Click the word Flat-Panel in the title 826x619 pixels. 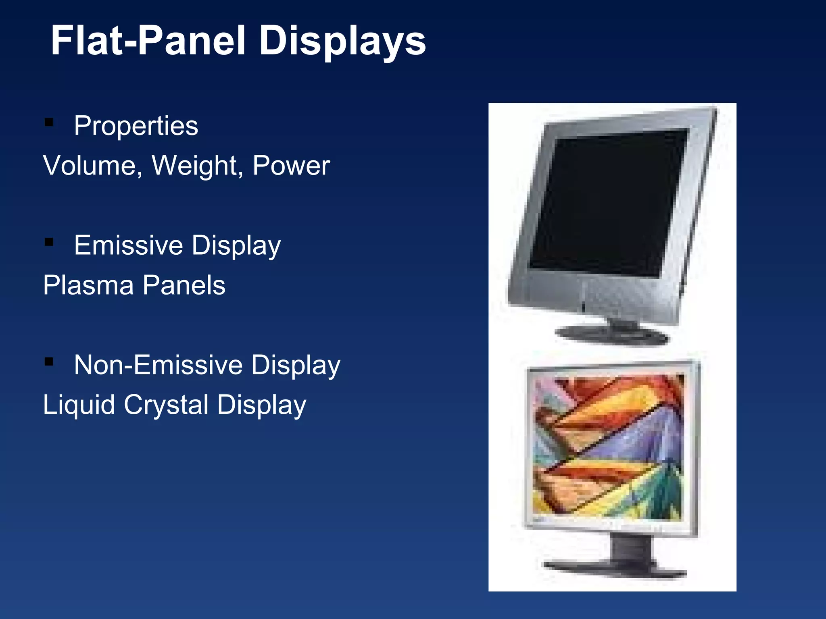(148, 41)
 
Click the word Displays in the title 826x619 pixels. (342, 41)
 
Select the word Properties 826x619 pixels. (136, 126)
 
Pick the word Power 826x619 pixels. (291, 166)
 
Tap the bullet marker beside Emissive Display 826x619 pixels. (49, 242)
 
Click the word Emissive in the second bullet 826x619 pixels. (128, 245)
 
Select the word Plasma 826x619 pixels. (88, 285)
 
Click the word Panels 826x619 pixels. (184, 285)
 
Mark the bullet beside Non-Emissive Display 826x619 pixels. (49, 361)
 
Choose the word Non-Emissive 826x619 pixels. (158, 365)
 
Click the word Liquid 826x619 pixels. (79, 405)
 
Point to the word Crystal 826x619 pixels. (166, 405)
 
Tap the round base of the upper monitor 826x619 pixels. (611, 335)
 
